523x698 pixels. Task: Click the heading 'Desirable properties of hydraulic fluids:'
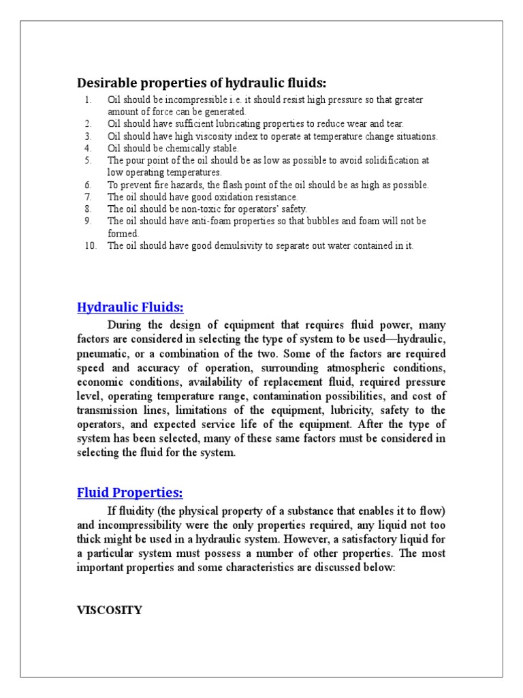pos(202,83)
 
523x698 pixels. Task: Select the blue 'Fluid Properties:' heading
pos(130,492)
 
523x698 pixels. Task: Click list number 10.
pos(91,246)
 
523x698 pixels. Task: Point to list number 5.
pos(88,161)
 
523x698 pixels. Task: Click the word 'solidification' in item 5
pos(390,161)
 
